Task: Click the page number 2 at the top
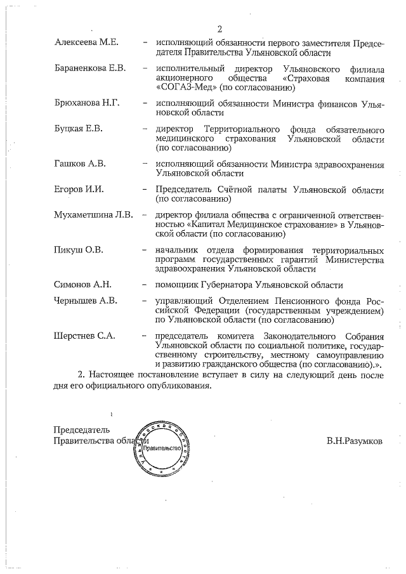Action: point(219,29)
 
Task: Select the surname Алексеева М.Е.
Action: point(86,42)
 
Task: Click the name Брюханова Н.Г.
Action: point(88,103)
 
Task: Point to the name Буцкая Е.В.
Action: point(79,129)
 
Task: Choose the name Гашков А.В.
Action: point(80,164)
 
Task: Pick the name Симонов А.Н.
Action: point(82,285)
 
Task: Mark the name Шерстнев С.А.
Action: point(85,336)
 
